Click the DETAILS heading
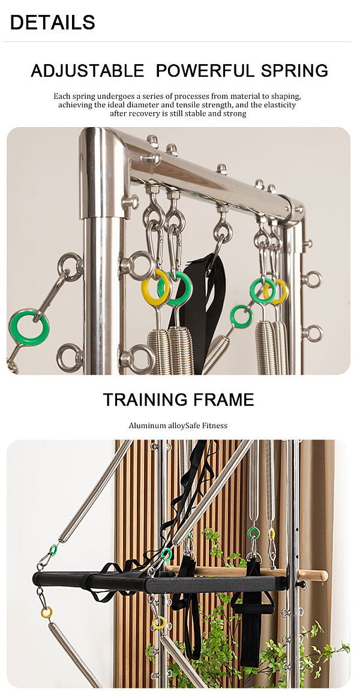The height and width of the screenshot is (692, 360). click(53, 22)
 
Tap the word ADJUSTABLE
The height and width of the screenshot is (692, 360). click(88, 71)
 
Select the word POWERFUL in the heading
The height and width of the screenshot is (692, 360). click(205, 71)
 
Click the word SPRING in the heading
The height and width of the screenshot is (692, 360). click(294, 71)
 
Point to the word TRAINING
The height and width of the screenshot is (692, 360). click(143, 400)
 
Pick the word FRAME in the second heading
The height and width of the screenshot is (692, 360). click(222, 400)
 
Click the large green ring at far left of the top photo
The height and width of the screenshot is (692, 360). click(29, 327)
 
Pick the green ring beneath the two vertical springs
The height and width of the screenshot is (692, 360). click(253, 532)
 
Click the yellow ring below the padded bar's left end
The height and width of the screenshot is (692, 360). click(46, 613)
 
